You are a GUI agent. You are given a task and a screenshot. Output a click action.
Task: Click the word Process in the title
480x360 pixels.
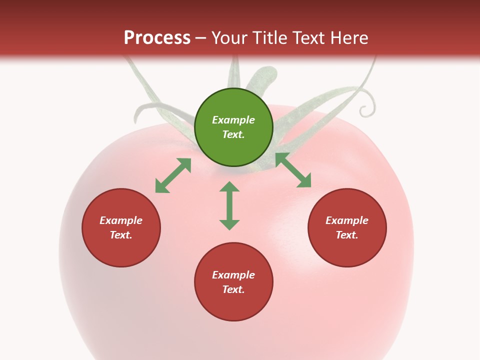(157, 38)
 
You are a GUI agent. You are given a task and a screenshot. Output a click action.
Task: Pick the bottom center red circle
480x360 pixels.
(233, 305)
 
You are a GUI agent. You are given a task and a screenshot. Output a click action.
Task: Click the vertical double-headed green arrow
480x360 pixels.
(229, 205)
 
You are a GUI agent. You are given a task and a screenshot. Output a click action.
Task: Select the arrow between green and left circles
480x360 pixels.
(173, 175)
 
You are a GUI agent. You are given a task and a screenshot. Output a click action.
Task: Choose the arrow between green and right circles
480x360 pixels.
(293, 170)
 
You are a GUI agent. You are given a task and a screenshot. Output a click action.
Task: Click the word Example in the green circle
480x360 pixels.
(233, 120)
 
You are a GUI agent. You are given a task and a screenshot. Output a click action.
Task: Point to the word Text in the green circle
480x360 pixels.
(233, 134)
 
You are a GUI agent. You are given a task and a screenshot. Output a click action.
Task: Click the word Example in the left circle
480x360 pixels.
(121, 220)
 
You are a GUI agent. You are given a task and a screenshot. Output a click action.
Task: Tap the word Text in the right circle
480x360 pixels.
(347, 235)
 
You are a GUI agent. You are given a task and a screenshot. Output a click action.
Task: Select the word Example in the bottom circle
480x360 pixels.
(233, 275)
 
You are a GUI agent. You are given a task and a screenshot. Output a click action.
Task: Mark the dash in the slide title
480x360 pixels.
(201, 38)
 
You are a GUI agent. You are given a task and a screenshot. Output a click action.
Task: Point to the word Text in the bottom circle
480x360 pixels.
(233, 289)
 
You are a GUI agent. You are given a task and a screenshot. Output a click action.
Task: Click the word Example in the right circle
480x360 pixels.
(347, 220)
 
